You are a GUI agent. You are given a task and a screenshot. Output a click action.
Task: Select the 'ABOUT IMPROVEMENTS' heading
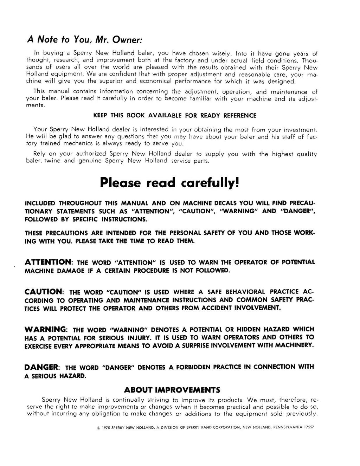point(172,390)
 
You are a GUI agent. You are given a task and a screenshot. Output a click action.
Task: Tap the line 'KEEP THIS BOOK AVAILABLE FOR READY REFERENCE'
point(175,115)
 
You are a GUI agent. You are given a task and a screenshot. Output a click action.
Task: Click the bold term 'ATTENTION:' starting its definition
point(49,262)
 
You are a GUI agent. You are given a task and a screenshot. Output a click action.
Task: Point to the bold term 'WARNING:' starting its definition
point(46,330)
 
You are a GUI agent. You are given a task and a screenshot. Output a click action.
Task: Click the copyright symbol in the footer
point(97,428)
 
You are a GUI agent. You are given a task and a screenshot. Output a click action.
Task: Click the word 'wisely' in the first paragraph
point(221,53)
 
